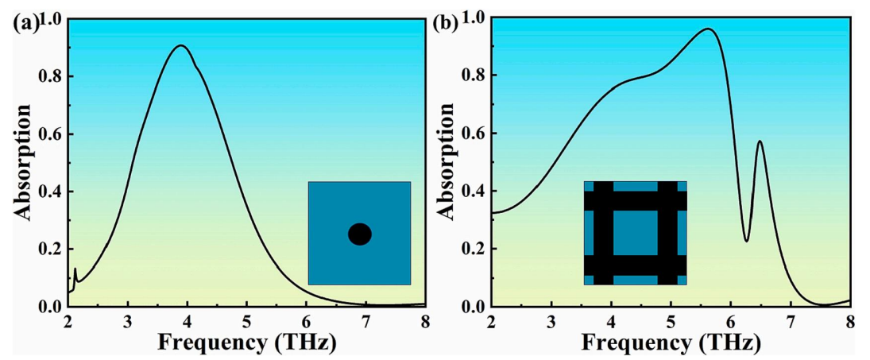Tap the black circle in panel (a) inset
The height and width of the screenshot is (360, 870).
click(360, 234)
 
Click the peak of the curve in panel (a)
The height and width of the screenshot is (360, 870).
click(181, 45)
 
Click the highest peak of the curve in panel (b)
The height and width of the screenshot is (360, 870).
click(708, 29)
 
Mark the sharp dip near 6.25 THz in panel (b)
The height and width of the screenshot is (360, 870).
click(746, 241)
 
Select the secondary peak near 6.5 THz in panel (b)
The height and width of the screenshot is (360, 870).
click(760, 141)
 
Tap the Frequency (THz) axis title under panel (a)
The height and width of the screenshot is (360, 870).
click(246, 343)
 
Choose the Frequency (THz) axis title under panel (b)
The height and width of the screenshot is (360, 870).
click(671, 343)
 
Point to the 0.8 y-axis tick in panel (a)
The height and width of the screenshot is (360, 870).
click(53, 76)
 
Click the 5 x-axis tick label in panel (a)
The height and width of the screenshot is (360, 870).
click(246, 322)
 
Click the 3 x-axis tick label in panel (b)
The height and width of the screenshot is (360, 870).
click(551, 322)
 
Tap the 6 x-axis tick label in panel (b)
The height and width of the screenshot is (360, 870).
click(731, 322)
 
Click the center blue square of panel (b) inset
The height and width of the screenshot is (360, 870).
click(635, 233)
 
